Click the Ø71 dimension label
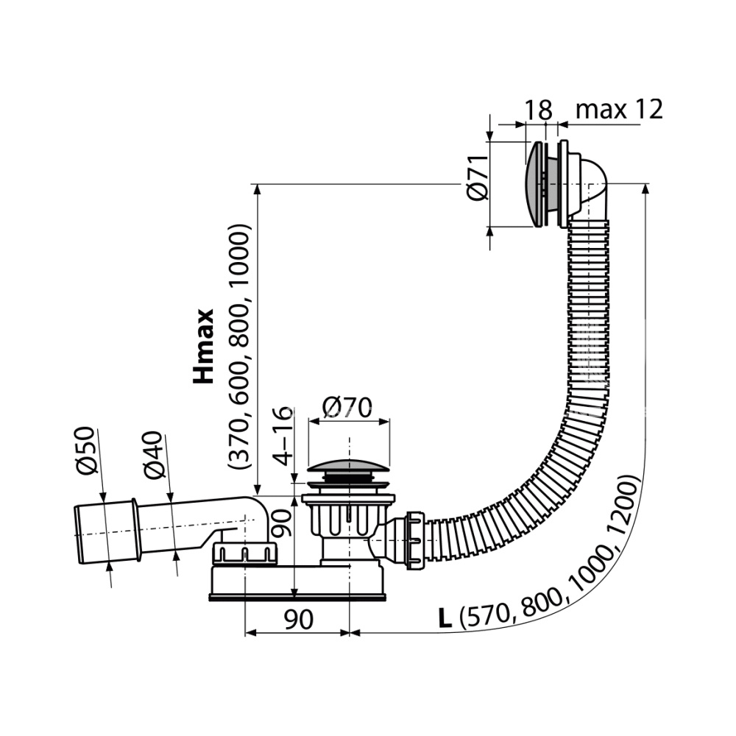478,178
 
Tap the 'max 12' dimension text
619,110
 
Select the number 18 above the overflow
538,110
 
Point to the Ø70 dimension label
347,408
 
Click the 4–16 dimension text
283,436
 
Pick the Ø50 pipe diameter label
87,450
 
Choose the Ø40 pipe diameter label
154,456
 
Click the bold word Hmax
204,347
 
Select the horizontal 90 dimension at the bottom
299,620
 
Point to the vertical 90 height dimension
282,523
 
